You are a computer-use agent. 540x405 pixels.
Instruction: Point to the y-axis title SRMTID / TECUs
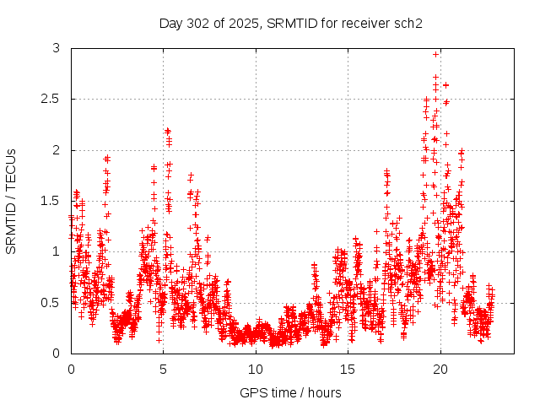tap(11, 201)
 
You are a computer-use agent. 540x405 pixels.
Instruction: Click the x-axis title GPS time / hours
tap(290, 392)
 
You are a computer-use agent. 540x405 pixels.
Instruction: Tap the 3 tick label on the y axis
tap(56, 49)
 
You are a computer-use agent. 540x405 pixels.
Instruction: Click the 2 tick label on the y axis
tap(56, 150)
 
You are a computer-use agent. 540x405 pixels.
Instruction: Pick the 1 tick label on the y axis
tap(56, 251)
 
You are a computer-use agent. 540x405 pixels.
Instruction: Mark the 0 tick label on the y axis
tap(56, 353)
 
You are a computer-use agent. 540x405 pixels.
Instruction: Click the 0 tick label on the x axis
tap(71, 369)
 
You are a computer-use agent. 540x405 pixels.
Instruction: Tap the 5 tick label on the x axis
tap(164, 369)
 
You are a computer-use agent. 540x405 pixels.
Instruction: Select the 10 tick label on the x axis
tap(256, 369)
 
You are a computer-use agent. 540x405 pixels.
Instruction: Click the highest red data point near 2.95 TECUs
tap(436, 54)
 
